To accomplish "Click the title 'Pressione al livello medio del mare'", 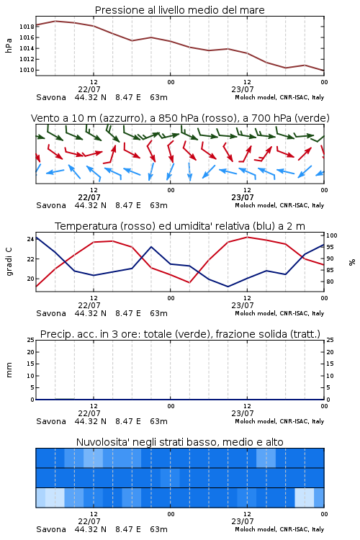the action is [x=179, y=10].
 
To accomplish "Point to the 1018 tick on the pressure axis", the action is [x=27, y=27].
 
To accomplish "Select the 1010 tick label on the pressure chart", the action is [x=27, y=70].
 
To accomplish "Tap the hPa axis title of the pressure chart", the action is [x=9, y=45].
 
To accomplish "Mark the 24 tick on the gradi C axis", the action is [x=30, y=239].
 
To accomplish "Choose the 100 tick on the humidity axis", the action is [x=331, y=235].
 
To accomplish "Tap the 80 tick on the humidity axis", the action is [x=330, y=282].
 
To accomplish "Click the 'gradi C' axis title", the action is [x=9, y=262].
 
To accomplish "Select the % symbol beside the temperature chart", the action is [x=352, y=262].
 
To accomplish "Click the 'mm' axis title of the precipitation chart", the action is [x=9, y=370].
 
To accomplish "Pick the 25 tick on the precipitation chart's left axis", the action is [x=30, y=340].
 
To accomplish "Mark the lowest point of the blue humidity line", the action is [x=228, y=287].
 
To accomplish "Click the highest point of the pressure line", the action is [x=55, y=21].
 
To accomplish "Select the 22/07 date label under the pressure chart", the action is [x=89, y=89].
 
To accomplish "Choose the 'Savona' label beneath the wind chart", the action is [x=51, y=206].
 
